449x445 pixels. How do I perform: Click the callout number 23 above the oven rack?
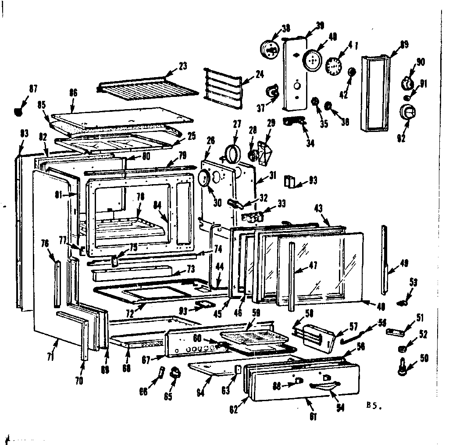coord(183,67)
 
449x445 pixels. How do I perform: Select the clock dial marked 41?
coord(334,66)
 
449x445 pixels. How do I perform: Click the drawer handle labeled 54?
coord(325,385)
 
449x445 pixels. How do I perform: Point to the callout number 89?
coord(404,44)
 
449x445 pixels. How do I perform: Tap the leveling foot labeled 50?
coord(401,367)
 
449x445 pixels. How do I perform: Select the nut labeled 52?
coord(400,349)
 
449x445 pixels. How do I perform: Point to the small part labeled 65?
coord(176,372)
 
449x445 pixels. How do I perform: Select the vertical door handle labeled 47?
coord(291,276)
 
